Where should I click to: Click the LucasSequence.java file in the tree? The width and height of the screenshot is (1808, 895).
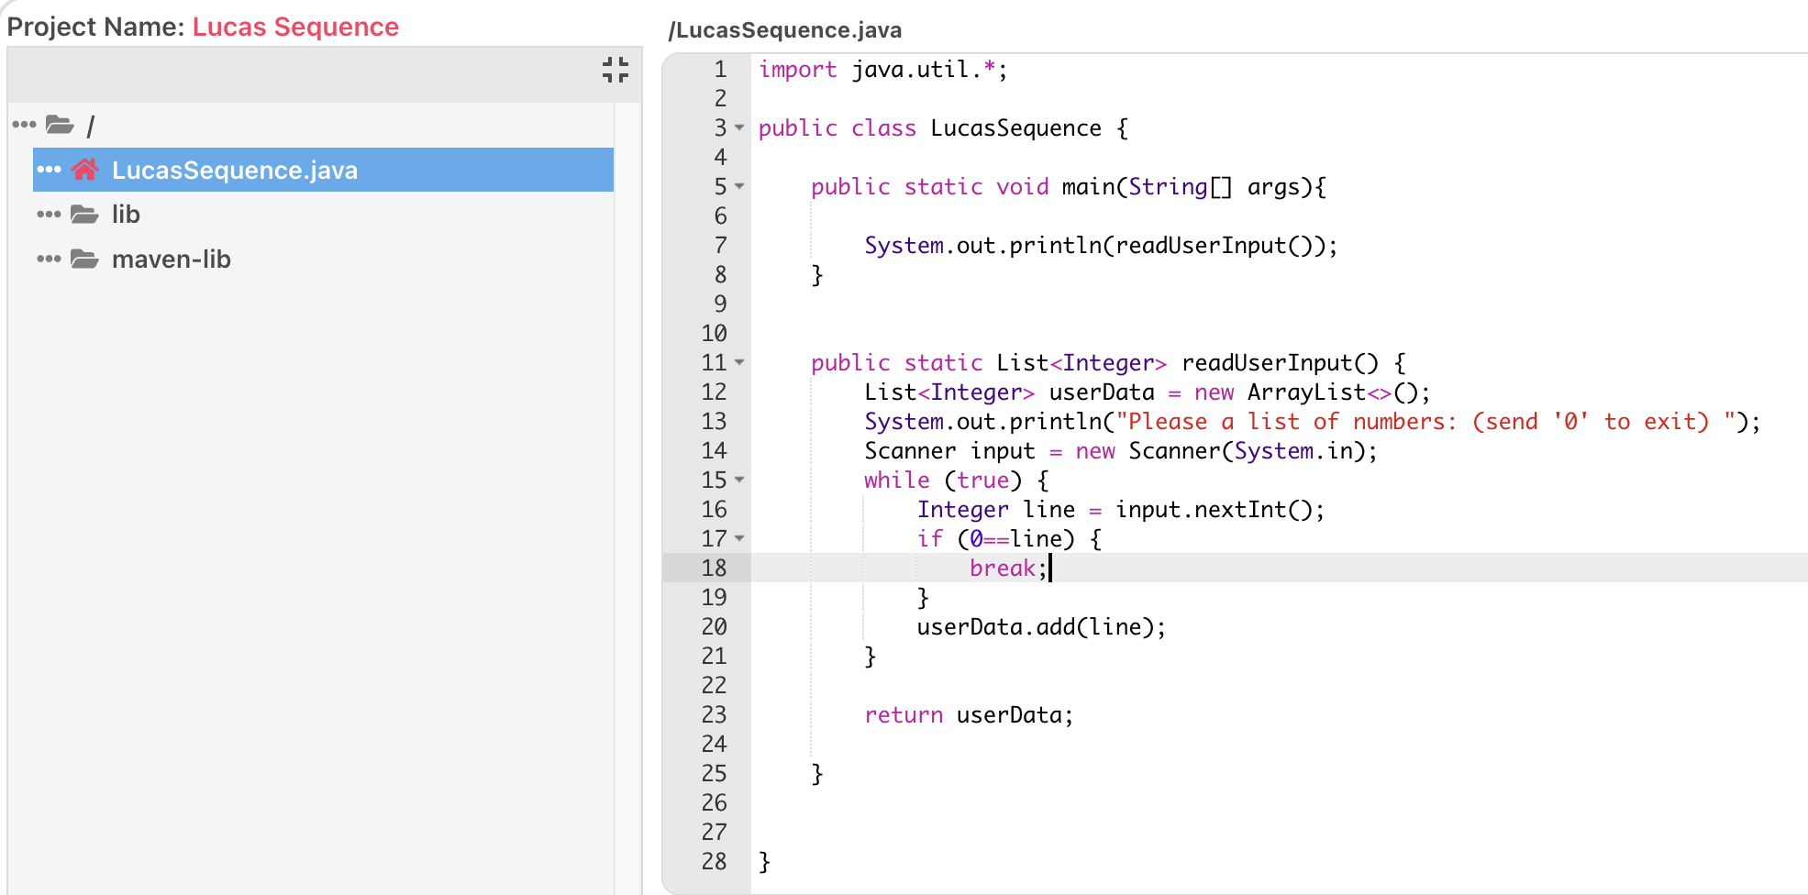(x=234, y=171)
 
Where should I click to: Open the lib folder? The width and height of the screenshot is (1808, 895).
(x=126, y=215)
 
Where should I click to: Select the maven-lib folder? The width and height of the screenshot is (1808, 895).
(x=171, y=260)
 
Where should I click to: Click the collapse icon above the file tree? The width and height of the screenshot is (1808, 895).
(x=616, y=70)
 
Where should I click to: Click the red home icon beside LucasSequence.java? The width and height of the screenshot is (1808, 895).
(x=85, y=170)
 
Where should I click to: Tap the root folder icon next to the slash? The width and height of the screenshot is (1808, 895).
(x=61, y=125)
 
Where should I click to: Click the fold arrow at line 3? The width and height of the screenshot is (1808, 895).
(x=739, y=127)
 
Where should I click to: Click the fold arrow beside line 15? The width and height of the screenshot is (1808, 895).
(x=739, y=480)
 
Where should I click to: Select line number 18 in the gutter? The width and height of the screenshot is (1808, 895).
(x=714, y=569)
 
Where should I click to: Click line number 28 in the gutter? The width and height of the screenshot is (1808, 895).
(x=714, y=862)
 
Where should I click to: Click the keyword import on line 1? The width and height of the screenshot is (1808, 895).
(x=797, y=70)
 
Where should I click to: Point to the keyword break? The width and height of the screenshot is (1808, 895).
(x=1002, y=569)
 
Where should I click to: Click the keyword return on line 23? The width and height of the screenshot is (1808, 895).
(x=903, y=715)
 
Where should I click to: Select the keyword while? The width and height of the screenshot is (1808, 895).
(x=896, y=481)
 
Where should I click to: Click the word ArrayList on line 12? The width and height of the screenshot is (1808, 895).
(x=1306, y=392)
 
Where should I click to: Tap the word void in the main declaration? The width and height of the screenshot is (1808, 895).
(x=1022, y=187)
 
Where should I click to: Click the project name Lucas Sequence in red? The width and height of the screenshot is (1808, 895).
(x=295, y=27)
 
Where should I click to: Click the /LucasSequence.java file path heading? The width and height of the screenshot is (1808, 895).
(x=785, y=30)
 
